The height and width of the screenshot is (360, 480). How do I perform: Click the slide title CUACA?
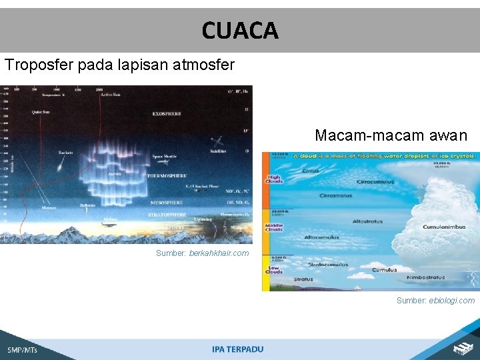[240, 30]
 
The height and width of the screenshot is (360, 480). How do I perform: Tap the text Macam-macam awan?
[391, 135]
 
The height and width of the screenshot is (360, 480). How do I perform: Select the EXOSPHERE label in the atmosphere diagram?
[167, 114]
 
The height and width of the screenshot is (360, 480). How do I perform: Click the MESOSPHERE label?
[167, 201]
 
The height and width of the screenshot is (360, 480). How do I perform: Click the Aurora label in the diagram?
[114, 174]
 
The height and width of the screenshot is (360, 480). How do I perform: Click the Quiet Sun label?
[41, 112]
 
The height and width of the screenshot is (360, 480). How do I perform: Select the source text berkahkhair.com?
[219, 253]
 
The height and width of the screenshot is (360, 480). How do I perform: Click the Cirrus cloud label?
[311, 171]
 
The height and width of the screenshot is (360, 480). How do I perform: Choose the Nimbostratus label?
[427, 277]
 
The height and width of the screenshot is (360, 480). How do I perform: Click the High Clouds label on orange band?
[274, 178]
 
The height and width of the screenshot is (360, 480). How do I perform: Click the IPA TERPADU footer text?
[238, 349]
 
